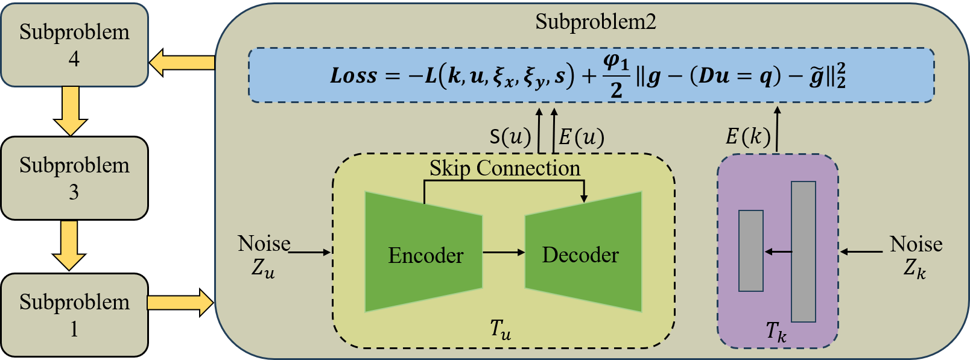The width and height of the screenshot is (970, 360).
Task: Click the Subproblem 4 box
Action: click(74, 45)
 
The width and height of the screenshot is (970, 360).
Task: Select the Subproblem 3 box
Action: click(74, 178)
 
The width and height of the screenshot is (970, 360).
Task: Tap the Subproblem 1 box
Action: click(74, 315)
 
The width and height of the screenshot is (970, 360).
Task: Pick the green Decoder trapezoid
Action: click(583, 253)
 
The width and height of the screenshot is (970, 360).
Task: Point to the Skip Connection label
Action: click(504, 168)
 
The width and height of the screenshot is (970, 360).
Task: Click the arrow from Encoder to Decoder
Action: click(504, 252)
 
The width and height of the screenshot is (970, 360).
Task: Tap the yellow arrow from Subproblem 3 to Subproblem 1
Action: click(69, 245)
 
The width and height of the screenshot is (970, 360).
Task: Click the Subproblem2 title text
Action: click(595, 22)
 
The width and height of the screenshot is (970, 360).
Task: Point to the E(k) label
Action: click(747, 137)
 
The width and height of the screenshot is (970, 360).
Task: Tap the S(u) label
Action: click(510, 137)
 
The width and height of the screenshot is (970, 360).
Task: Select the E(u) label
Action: click(581, 137)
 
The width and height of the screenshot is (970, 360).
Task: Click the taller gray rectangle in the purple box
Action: click(803, 251)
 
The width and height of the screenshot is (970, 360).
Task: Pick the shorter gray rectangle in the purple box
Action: click(751, 251)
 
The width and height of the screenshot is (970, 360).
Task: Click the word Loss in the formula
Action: click(353, 76)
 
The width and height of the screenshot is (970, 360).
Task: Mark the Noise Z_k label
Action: click(916, 256)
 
